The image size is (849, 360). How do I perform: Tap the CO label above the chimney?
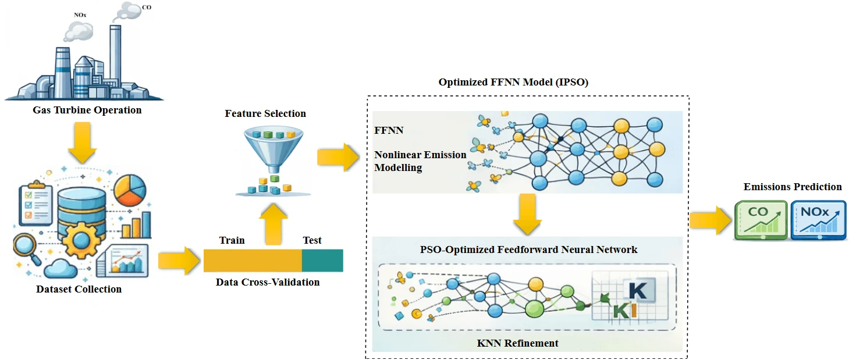(147, 7)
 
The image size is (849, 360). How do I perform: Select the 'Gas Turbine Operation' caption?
(87, 110)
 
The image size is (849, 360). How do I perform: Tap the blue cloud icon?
(65, 269)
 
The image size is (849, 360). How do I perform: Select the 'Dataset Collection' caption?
(79, 289)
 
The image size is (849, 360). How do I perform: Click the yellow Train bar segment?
(252, 261)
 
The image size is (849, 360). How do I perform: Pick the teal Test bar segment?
(322, 261)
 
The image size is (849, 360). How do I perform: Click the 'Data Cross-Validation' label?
(268, 282)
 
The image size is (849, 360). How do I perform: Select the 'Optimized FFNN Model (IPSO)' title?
(513, 83)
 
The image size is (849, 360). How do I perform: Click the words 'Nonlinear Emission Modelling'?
(420, 161)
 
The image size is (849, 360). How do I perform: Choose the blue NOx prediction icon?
(818, 220)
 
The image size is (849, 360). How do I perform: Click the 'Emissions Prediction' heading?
(793, 187)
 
